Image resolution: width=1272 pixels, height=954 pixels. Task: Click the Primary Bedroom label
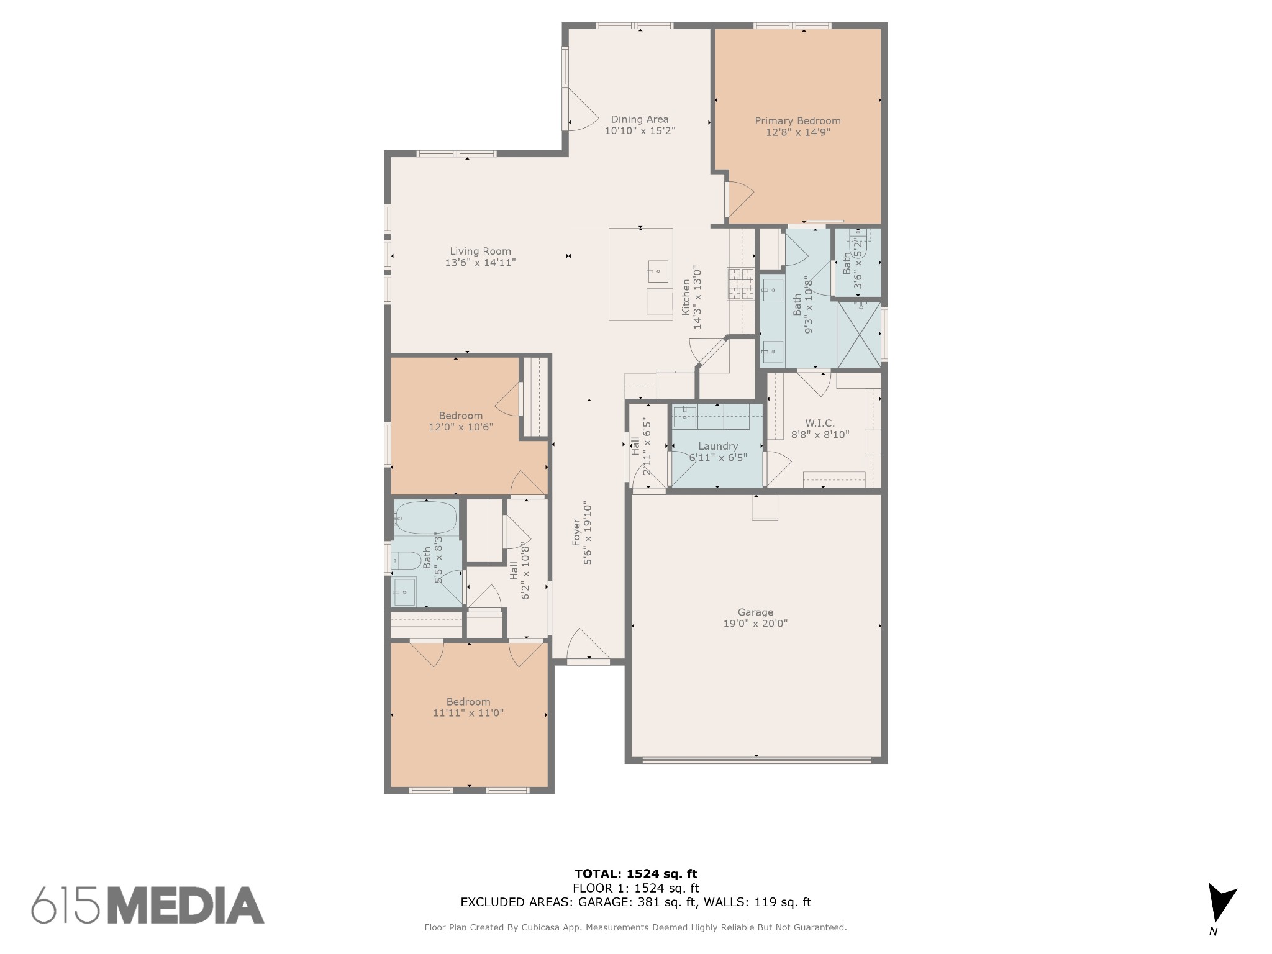click(797, 120)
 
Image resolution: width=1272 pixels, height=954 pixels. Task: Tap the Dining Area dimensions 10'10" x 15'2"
click(640, 131)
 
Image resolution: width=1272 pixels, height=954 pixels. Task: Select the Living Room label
click(480, 251)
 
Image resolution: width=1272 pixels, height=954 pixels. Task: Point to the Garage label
click(755, 612)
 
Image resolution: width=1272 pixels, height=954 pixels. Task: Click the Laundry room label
click(718, 446)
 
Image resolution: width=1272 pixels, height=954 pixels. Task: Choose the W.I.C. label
click(820, 423)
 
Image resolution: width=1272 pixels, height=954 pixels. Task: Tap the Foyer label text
click(576, 533)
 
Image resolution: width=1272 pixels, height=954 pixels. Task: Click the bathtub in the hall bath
click(425, 517)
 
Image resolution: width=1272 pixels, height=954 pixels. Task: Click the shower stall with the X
click(859, 334)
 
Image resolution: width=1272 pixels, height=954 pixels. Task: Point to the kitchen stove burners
click(740, 284)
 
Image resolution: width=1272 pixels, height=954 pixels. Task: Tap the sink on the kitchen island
click(658, 271)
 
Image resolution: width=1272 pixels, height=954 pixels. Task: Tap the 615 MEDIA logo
click(148, 904)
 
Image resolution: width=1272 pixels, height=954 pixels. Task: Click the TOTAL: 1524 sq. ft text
click(635, 874)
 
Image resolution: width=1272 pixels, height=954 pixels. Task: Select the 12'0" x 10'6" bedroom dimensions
click(461, 427)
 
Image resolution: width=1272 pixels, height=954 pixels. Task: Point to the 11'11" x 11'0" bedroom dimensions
click(468, 713)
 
